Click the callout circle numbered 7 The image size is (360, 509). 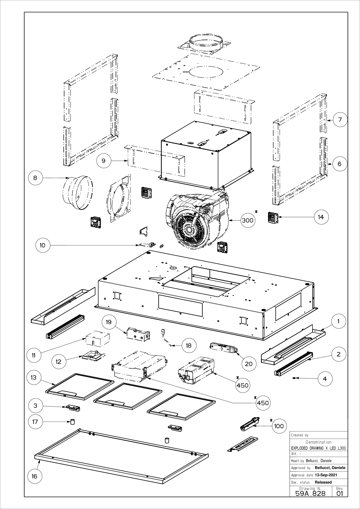point(340,119)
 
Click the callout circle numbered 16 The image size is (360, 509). point(34,476)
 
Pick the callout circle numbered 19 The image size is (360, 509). point(109,322)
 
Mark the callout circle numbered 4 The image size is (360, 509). point(325,379)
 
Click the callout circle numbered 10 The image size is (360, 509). point(43,245)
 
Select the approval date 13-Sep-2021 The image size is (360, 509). point(325,475)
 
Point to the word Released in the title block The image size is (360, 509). point(323,482)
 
